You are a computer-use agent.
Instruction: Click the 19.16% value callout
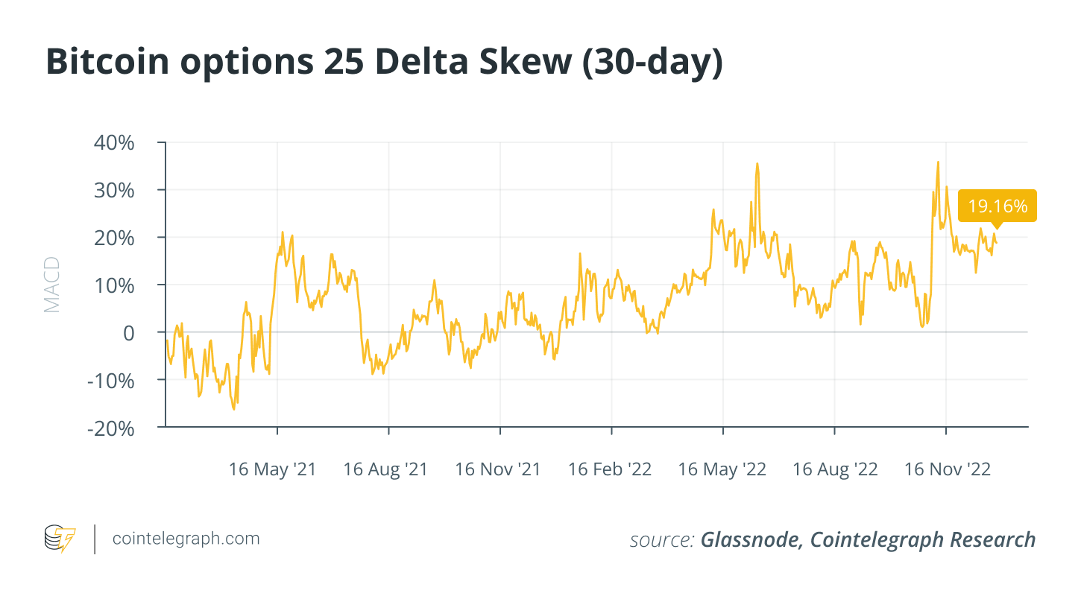click(997, 206)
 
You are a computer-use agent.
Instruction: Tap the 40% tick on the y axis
click(114, 143)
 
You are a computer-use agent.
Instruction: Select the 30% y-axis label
click(114, 191)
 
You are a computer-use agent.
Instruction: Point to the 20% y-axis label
click(114, 238)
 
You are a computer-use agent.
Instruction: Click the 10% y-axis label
click(114, 285)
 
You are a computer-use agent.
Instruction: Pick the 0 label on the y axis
click(128, 333)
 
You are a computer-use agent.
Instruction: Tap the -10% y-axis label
click(110, 381)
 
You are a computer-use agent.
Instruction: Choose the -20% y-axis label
click(110, 428)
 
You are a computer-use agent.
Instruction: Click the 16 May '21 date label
click(272, 469)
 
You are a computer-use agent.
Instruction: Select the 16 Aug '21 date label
click(385, 469)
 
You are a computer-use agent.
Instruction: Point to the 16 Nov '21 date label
click(497, 469)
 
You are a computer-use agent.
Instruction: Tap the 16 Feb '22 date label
click(610, 469)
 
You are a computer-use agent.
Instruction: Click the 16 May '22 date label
click(722, 469)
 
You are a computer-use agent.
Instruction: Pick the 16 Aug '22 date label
click(835, 469)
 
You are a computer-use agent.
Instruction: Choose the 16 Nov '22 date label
click(948, 469)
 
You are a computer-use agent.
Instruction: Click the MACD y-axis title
click(51, 285)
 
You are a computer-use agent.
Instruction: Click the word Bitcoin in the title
click(107, 62)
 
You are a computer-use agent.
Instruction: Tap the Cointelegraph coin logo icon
click(60, 539)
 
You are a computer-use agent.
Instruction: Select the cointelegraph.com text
click(186, 538)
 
